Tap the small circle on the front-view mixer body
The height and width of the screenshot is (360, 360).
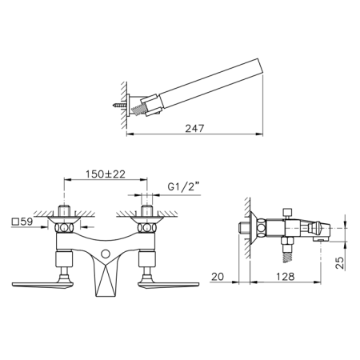(x=106, y=254)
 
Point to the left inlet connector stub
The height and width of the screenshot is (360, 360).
(x=66, y=213)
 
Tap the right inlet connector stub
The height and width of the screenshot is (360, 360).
(x=146, y=213)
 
